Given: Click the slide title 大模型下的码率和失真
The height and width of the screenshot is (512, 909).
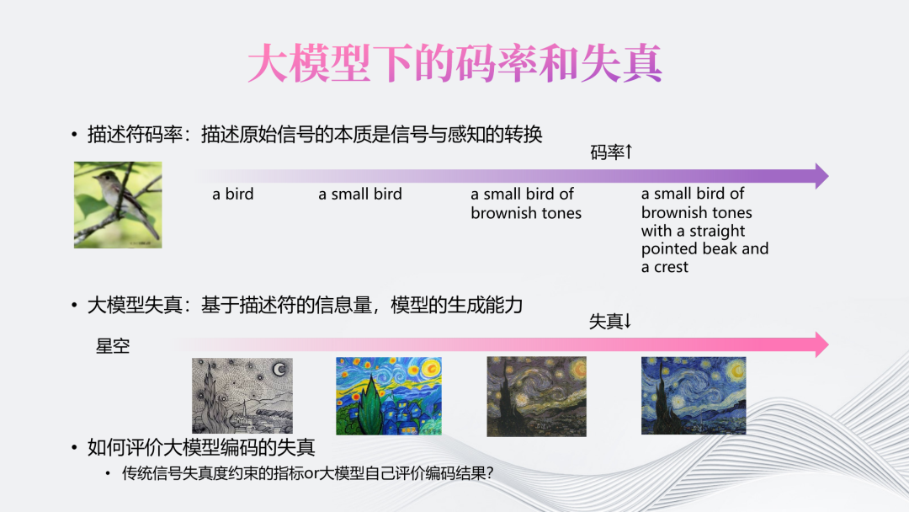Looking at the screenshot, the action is coord(454,63).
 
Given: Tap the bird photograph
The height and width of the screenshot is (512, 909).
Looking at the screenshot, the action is coord(118,205).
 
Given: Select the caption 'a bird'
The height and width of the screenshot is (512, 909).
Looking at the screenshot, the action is coord(232,194).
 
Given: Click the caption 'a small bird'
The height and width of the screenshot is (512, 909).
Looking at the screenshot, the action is coord(360,194).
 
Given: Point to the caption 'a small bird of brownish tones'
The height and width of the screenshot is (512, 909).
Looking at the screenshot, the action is coord(526,203).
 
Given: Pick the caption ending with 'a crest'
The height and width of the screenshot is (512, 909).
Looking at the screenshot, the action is coord(705,230).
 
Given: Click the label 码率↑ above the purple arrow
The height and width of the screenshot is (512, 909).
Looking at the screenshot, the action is coord(611,152).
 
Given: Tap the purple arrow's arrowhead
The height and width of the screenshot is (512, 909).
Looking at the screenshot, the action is coord(822,176).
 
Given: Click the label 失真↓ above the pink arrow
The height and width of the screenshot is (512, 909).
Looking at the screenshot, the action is coord(610,321).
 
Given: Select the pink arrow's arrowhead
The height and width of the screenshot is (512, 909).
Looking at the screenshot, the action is coord(822,344).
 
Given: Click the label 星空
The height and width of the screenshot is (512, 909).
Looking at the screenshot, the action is coord(113,346).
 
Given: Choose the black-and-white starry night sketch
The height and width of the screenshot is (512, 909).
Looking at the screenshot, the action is coord(242,396).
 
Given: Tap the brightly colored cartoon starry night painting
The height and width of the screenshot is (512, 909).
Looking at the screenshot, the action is coord(388,396).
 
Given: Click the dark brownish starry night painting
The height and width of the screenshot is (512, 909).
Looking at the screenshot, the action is coord(536,397).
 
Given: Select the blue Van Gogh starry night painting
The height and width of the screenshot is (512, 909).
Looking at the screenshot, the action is coord(694,396).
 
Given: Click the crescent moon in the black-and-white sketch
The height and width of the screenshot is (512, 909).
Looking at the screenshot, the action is coord(279,369).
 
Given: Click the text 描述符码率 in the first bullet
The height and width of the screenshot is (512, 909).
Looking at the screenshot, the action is coord(135,135).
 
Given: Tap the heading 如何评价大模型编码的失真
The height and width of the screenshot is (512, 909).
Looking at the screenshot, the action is coord(201,447).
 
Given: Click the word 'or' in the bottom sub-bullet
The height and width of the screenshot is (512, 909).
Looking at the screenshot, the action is coord(311,474).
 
